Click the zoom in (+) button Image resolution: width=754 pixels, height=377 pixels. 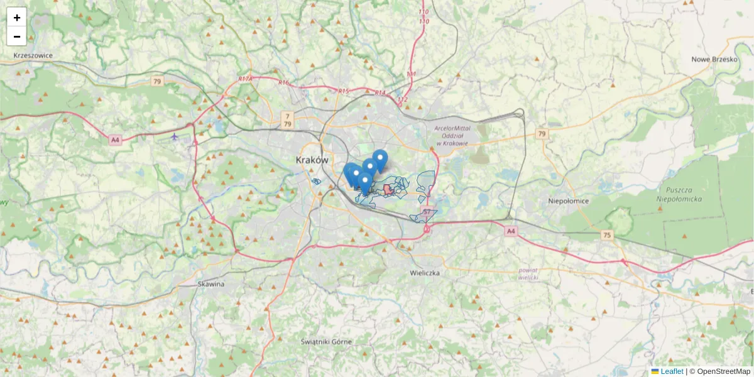(x=17, y=18)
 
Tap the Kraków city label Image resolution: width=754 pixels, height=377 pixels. (x=312, y=160)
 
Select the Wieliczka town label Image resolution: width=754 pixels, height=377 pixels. (x=425, y=273)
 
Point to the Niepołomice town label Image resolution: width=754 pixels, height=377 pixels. (x=568, y=201)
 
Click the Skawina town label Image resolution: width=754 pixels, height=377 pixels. (x=210, y=284)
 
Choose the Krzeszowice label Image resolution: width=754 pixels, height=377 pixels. (x=33, y=55)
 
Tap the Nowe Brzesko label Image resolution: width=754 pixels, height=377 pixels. (x=714, y=59)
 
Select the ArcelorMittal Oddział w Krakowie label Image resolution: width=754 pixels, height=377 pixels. (x=452, y=136)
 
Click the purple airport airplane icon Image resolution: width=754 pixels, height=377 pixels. (x=175, y=136)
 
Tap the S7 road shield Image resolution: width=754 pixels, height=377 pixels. (x=428, y=212)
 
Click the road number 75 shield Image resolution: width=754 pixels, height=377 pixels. (x=606, y=235)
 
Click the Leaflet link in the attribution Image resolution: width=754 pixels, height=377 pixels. (x=672, y=371)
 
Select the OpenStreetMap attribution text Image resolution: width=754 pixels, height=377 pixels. (x=723, y=371)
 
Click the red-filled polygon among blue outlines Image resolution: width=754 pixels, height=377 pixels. (x=388, y=190)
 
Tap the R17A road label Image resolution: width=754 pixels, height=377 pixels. (x=245, y=79)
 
